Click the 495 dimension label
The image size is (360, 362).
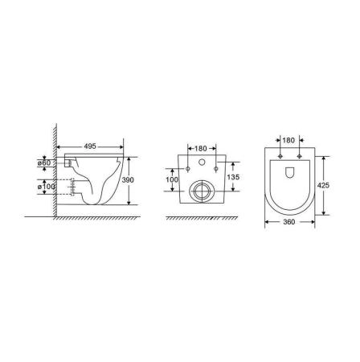point(90,146)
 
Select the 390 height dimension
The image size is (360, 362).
point(128,180)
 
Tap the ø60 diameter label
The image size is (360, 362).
point(43,162)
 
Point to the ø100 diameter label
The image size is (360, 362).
point(46,187)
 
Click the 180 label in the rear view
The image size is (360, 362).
point(201,148)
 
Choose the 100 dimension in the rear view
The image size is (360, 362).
point(172,179)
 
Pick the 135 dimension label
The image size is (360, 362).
point(233,177)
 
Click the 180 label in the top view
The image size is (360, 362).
point(288,140)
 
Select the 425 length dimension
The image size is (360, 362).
point(323,185)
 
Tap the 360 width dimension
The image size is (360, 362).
point(289,222)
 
